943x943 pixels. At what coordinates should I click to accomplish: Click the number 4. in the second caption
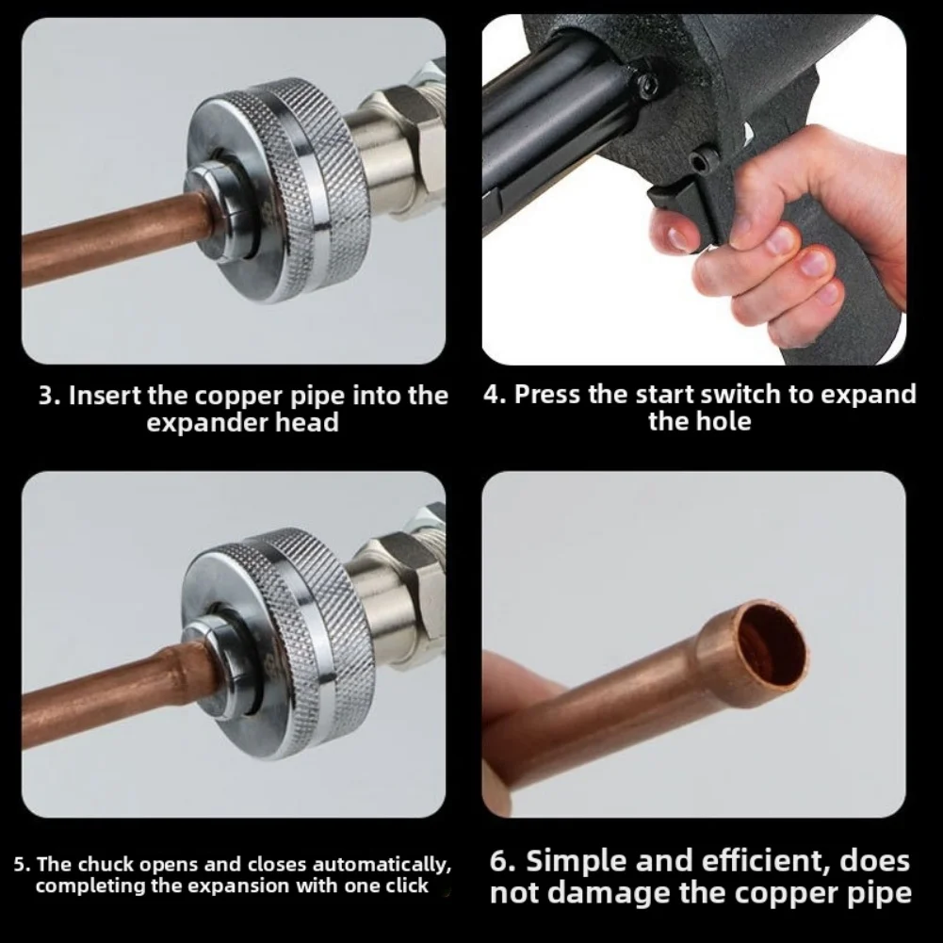tap(496, 394)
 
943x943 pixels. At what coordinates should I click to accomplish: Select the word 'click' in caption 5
tap(406, 886)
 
